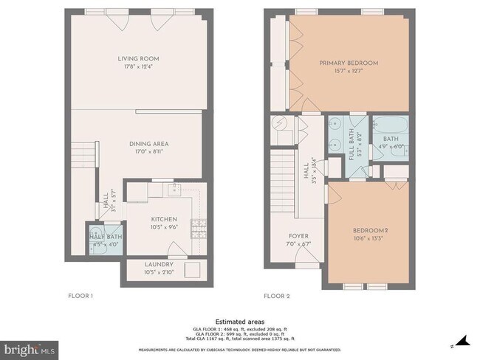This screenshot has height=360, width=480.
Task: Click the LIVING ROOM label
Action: [x=138, y=58]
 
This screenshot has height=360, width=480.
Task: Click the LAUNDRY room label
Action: [x=160, y=264]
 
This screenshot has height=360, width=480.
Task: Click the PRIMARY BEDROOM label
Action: [x=349, y=63]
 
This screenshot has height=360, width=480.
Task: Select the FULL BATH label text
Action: [x=351, y=139]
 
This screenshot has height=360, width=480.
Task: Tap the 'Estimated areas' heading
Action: [x=240, y=322]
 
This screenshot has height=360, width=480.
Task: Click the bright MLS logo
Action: [x=30, y=347]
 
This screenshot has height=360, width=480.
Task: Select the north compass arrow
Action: [x=463, y=340]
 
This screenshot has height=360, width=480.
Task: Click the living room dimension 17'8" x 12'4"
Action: [x=138, y=67]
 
